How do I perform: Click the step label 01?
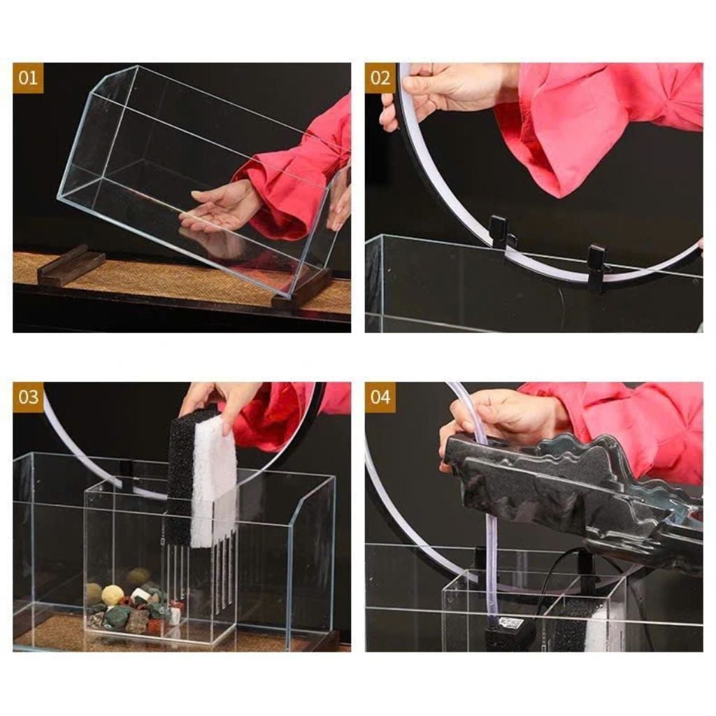click(28, 78)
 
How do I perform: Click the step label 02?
click(380, 78)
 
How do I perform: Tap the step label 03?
click(28, 397)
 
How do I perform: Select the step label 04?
click(380, 397)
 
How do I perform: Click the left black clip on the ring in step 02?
click(501, 233)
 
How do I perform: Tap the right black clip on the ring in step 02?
click(596, 267)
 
